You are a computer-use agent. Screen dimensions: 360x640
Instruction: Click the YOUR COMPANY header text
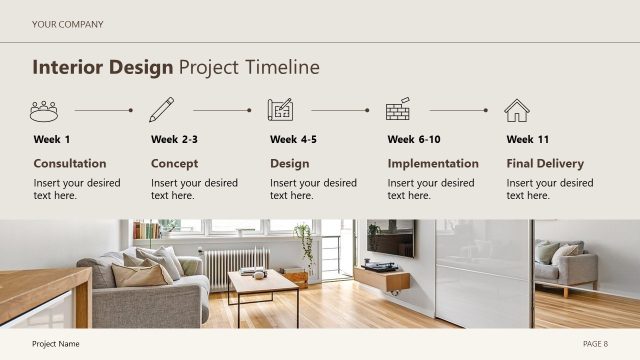(67, 24)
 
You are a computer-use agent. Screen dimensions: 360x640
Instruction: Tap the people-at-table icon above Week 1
(44, 110)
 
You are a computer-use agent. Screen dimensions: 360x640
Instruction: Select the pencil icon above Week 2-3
(161, 110)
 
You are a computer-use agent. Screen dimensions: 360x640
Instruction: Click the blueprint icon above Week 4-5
(280, 110)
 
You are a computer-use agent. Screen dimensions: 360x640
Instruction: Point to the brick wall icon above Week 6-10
(398, 110)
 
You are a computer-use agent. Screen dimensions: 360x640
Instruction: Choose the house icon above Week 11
(517, 110)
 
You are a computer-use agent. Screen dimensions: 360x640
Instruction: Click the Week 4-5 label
(293, 140)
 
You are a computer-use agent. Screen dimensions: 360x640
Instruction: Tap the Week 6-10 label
(414, 140)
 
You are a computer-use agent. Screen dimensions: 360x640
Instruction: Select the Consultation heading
(70, 164)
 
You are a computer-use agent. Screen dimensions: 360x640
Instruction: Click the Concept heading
(174, 164)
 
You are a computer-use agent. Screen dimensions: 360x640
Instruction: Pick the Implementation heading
(433, 164)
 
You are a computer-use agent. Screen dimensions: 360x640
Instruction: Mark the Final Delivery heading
(545, 164)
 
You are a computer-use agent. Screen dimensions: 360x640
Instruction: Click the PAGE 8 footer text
(595, 344)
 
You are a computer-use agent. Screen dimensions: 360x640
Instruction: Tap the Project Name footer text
(56, 344)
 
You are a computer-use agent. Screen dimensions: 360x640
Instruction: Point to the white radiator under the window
(236, 266)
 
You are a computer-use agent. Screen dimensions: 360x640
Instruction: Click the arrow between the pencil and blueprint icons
(222, 110)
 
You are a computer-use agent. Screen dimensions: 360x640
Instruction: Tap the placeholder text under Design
(313, 189)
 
